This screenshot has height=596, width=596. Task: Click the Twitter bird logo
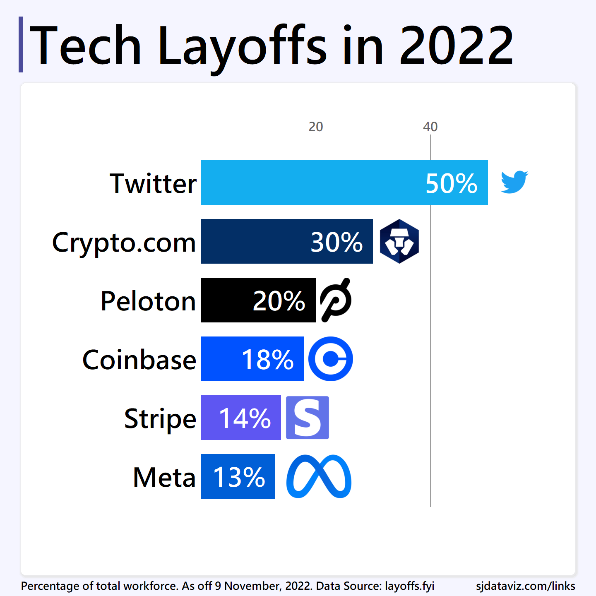click(514, 182)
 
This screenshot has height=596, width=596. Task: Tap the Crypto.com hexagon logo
click(399, 241)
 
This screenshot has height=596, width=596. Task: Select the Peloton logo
click(336, 300)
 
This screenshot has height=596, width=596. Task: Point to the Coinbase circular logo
click(331, 359)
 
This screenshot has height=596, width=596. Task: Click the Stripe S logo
click(308, 418)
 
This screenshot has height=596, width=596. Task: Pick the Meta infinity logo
click(319, 476)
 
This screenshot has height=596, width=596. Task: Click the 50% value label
click(451, 183)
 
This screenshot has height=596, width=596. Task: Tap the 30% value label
click(336, 242)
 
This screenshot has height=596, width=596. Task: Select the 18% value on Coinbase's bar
click(267, 360)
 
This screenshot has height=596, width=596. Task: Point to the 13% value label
click(239, 477)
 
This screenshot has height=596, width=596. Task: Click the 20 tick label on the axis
click(316, 127)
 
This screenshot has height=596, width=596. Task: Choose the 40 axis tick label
click(430, 127)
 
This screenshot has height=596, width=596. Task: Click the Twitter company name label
click(153, 183)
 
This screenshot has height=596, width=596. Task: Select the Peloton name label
click(148, 301)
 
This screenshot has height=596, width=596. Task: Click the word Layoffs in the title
click(243, 46)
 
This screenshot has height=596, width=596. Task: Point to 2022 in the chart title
click(457, 46)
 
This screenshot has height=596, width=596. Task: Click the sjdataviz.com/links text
click(525, 586)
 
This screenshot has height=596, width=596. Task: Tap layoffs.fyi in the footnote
click(409, 586)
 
